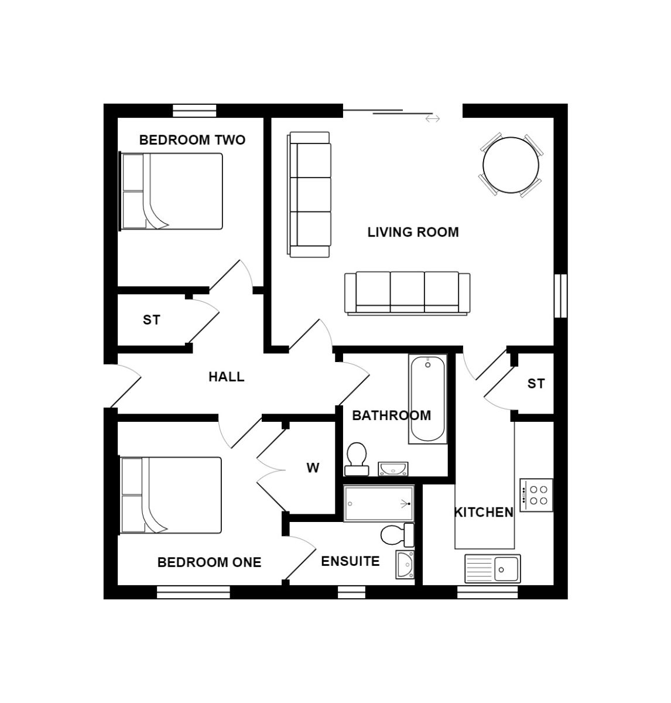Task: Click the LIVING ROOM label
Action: coord(413,232)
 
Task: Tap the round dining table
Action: coord(511,165)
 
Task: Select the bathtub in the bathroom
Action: coord(427,398)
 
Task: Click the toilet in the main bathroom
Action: coord(356,458)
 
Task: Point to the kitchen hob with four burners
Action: coord(536,494)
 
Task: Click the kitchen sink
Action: coord(492,568)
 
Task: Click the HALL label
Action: coord(226,377)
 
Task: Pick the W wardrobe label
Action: coord(313,467)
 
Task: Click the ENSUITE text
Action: coord(350,561)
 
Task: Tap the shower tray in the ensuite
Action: coord(378,503)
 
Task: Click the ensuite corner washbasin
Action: coord(405,564)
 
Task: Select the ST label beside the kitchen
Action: coord(536,384)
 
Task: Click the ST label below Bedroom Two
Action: coord(151,320)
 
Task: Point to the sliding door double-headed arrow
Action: coord(433,119)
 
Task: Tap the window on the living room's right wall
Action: coord(560,296)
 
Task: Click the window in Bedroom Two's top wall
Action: coord(195,111)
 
